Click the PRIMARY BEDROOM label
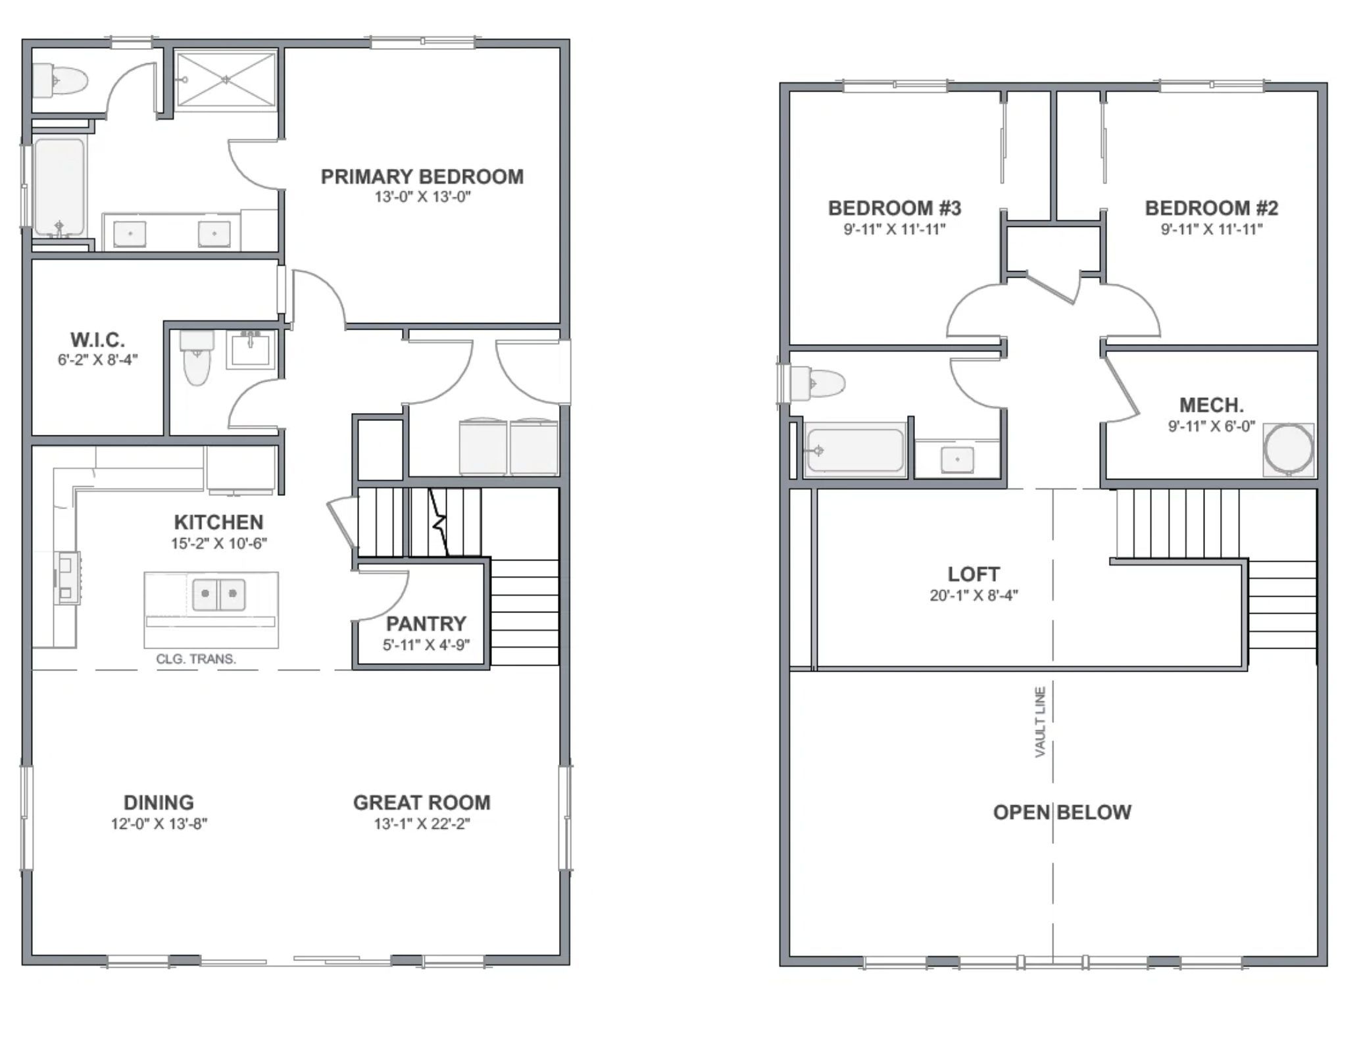click(422, 177)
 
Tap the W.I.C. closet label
click(97, 340)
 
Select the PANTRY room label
click(426, 624)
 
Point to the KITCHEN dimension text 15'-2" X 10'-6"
click(219, 543)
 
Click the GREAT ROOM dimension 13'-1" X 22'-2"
click(422, 824)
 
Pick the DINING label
click(159, 803)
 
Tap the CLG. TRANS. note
click(196, 659)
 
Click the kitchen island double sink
click(219, 594)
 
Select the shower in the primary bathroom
click(226, 79)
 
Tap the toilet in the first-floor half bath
click(197, 358)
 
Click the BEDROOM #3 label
click(895, 209)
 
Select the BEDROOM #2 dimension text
click(1212, 230)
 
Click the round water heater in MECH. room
click(1288, 449)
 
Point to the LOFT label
click(974, 574)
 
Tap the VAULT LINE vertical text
click(1041, 722)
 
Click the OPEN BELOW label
click(1062, 812)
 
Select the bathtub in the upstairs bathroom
click(855, 451)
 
